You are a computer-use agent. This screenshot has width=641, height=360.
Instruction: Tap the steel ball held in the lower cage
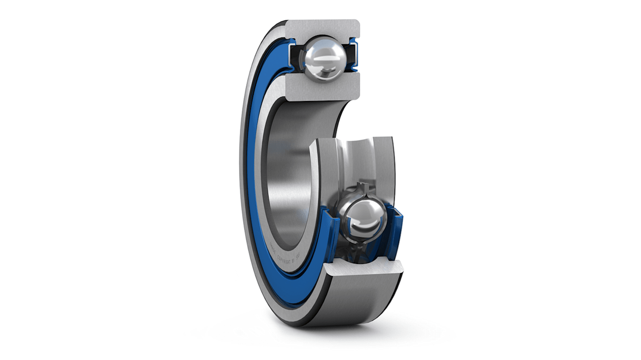[x=363, y=219]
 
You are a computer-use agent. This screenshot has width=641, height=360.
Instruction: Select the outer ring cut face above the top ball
[x=322, y=28]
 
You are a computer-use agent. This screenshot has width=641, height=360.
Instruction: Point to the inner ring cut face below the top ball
[x=322, y=88]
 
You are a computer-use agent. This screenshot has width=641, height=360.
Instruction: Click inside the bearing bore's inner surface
[x=289, y=180]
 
